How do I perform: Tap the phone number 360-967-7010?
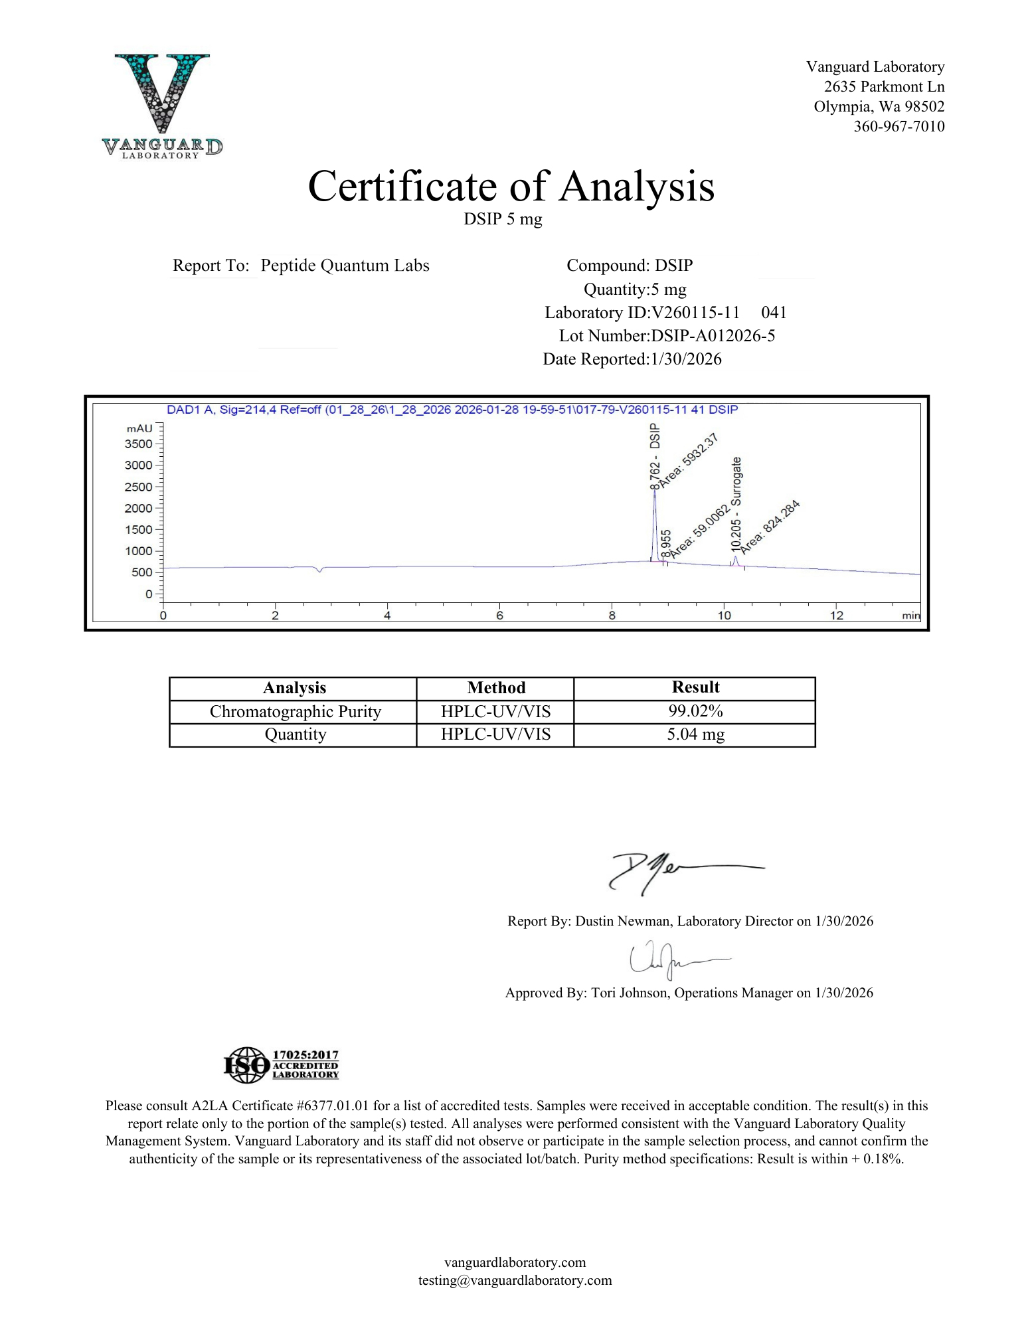pos(898,126)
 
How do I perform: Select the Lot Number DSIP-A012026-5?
pos(713,335)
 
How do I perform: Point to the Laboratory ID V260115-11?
pos(696,312)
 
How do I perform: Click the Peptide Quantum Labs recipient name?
pos(345,266)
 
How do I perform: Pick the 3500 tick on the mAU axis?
pos(139,444)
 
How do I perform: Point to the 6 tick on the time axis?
pos(499,615)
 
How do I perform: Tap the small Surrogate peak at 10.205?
pos(735,560)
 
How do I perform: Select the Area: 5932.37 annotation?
pos(689,461)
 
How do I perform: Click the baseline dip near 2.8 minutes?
pos(320,570)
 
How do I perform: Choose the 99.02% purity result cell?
pos(695,711)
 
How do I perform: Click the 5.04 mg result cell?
pos(695,734)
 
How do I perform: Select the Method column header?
pos(495,688)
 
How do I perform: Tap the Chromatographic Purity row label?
pos(295,712)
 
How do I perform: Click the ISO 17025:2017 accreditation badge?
pos(281,1064)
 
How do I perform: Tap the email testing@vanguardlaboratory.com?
pos(515,1280)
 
